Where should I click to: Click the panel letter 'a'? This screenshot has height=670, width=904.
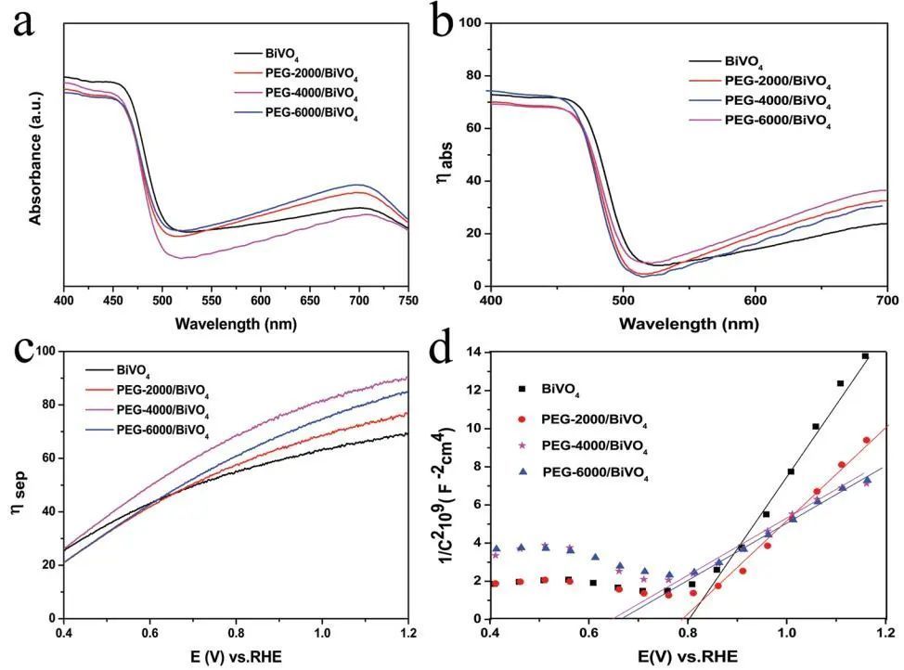pyautogui.click(x=24, y=22)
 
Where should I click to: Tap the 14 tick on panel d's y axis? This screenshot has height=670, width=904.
pyautogui.click(x=472, y=353)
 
